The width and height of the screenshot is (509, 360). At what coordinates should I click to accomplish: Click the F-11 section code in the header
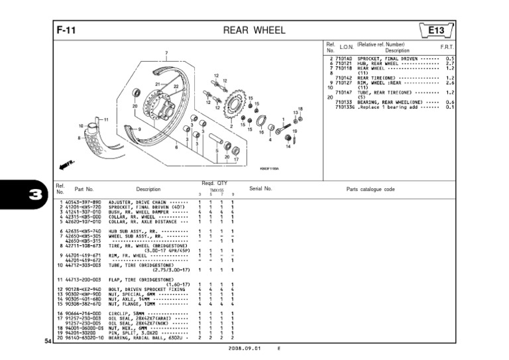click(x=66, y=30)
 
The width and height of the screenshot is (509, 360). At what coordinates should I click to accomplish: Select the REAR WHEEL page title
click(x=254, y=30)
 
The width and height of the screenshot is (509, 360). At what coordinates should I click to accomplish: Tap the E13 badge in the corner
click(x=435, y=30)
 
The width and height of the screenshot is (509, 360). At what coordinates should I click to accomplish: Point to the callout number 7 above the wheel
click(x=166, y=52)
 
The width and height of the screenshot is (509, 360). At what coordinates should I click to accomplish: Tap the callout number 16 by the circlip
click(x=260, y=132)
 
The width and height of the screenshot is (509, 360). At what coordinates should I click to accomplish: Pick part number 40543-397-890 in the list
click(x=82, y=202)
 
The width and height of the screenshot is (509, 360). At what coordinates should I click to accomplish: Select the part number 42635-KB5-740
click(x=82, y=231)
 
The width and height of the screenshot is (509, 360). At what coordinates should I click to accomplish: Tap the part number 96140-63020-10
click(x=84, y=338)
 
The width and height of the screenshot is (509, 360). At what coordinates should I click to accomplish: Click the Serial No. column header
click(x=261, y=189)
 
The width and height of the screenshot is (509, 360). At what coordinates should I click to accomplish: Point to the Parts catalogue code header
click(x=370, y=189)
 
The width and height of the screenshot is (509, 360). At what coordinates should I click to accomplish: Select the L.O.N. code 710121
click(x=343, y=64)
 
